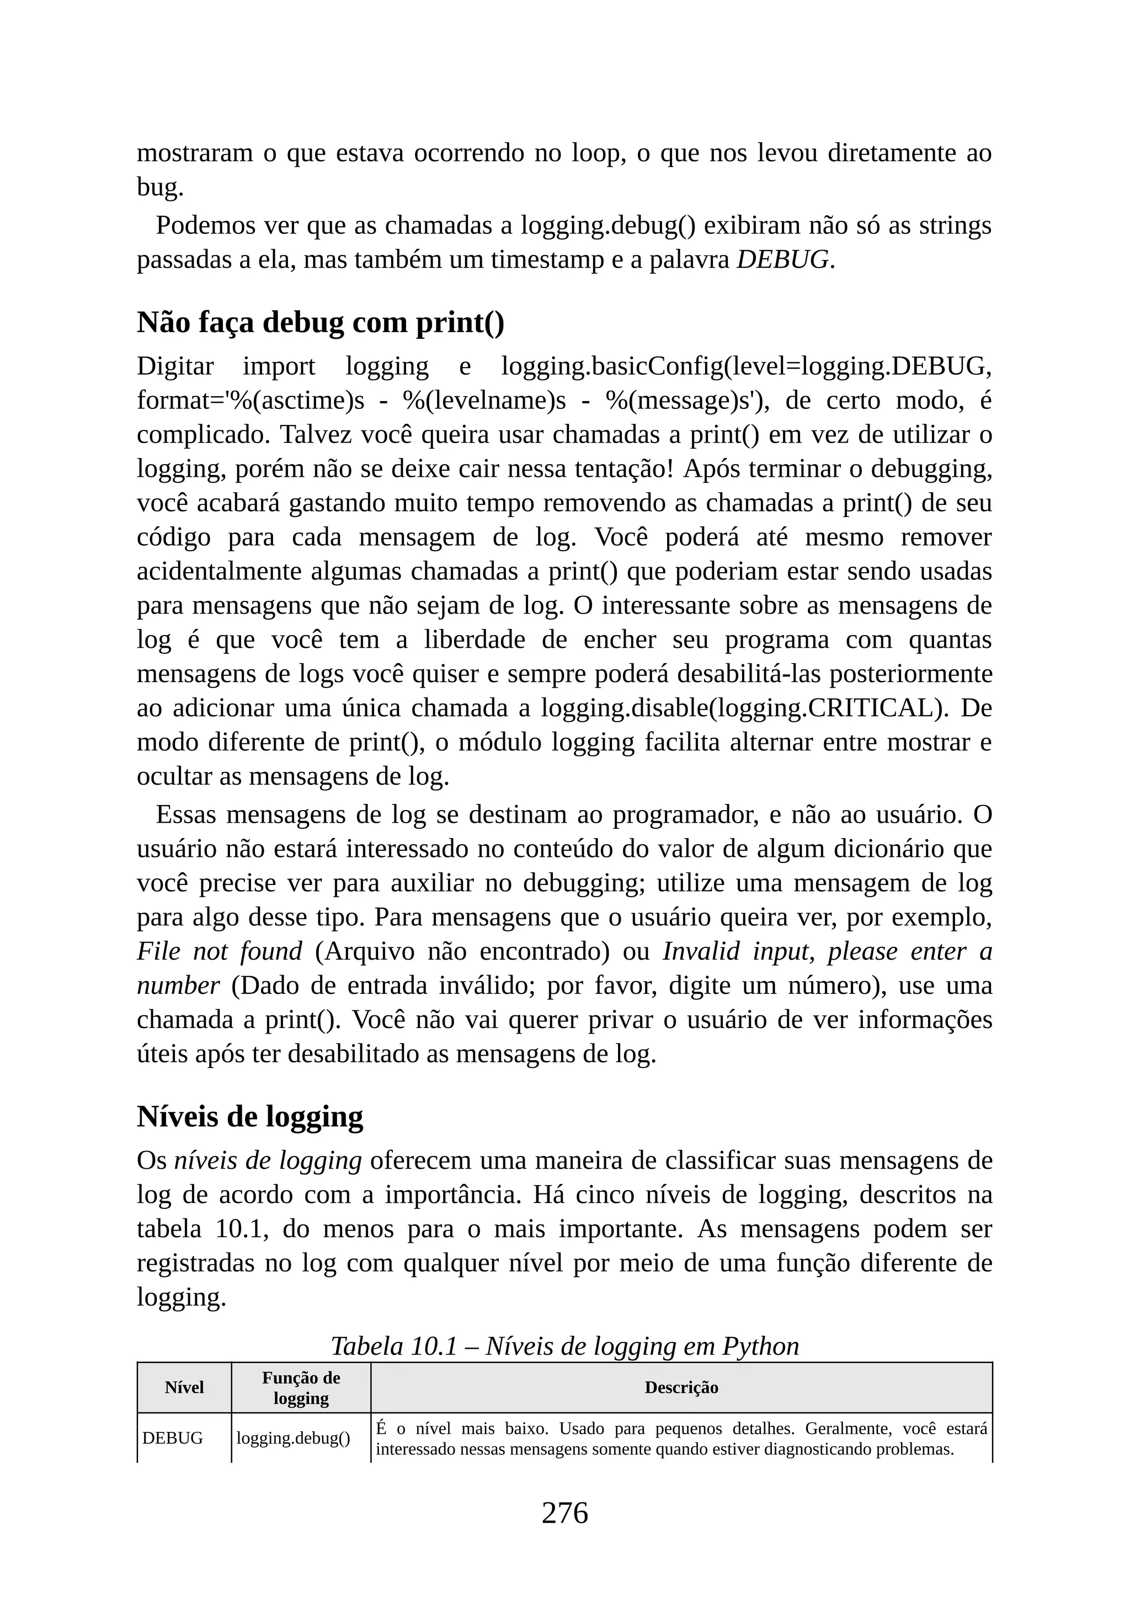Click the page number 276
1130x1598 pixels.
coord(564,1513)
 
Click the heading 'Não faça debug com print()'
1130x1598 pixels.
coord(320,323)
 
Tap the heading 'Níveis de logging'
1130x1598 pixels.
coord(250,1116)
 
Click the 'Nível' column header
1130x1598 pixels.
coord(184,1387)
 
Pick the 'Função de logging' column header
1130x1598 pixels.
coord(301,1387)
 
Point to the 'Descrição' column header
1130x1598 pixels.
coord(681,1387)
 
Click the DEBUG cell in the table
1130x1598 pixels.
coord(173,1438)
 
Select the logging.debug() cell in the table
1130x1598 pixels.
coord(293,1438)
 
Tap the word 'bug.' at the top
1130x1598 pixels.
coord(160,187)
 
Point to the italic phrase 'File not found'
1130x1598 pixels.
coord(219,951)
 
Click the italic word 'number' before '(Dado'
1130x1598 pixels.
coord(178,986)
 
